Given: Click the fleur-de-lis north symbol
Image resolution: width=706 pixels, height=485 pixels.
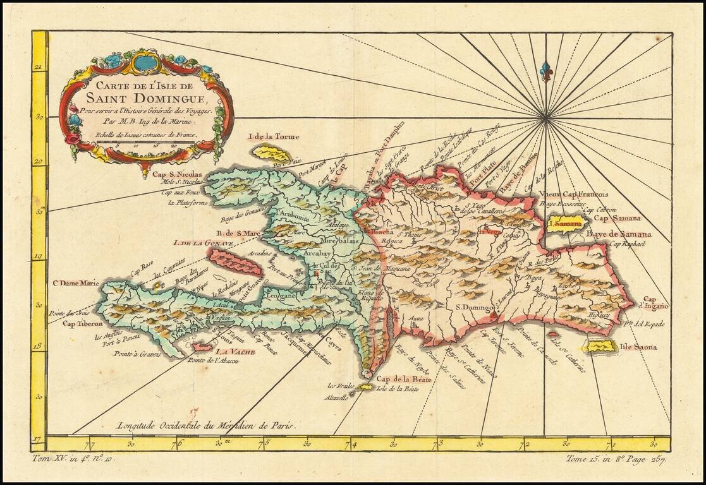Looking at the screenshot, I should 545,71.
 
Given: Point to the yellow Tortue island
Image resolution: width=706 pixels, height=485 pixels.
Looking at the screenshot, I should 273,153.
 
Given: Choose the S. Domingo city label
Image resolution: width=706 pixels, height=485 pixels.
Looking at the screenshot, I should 473,307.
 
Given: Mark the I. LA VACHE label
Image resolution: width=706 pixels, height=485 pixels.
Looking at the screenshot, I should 234,352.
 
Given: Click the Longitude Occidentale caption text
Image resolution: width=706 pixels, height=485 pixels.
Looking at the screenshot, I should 206,425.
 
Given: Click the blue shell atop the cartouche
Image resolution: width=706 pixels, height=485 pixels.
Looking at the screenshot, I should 146,63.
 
